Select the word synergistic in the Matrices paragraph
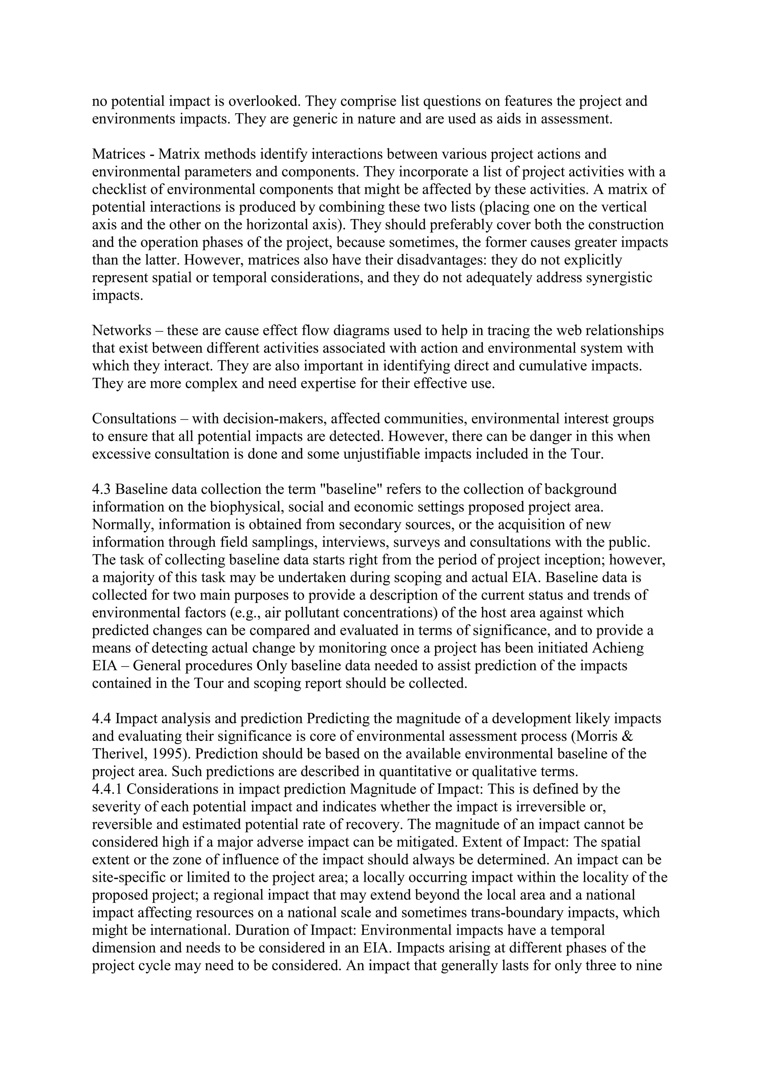[619, 278]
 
